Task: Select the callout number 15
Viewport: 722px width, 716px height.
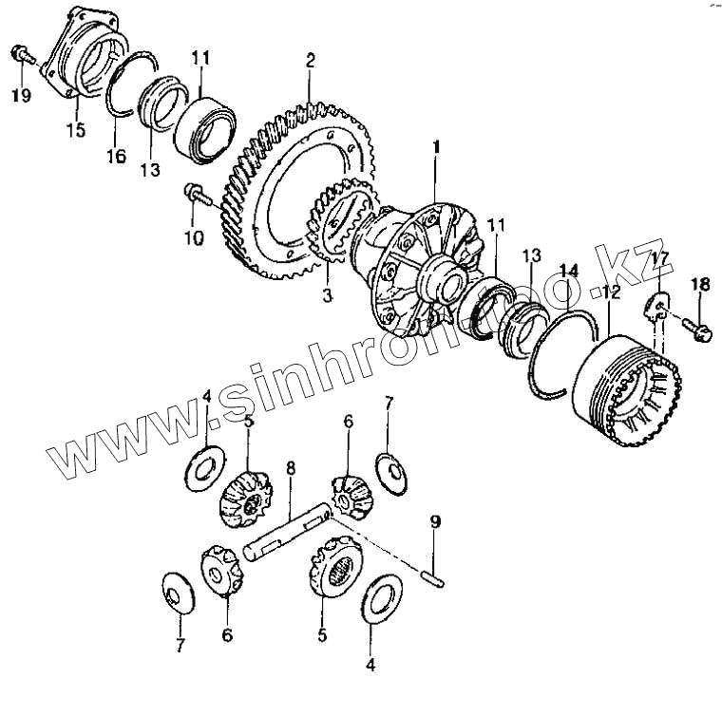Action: click(74, 129)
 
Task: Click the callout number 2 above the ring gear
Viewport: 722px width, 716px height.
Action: click(310, 60)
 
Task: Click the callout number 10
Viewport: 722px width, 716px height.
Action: click(193, 237)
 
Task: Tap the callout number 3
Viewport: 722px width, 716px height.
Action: click(326, 297)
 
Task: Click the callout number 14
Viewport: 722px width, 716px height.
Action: click(568, 271)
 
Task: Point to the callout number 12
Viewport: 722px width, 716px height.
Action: click(610, 294)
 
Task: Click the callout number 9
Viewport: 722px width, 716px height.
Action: click(435, 521)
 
